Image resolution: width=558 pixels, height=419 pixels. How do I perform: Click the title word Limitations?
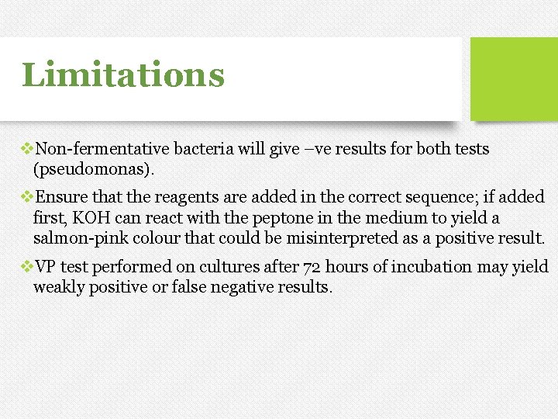click(123, 76)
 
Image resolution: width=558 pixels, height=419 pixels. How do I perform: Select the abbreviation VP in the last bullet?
click(46, 268)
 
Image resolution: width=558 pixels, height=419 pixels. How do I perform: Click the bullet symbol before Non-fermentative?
click(28, 148)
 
